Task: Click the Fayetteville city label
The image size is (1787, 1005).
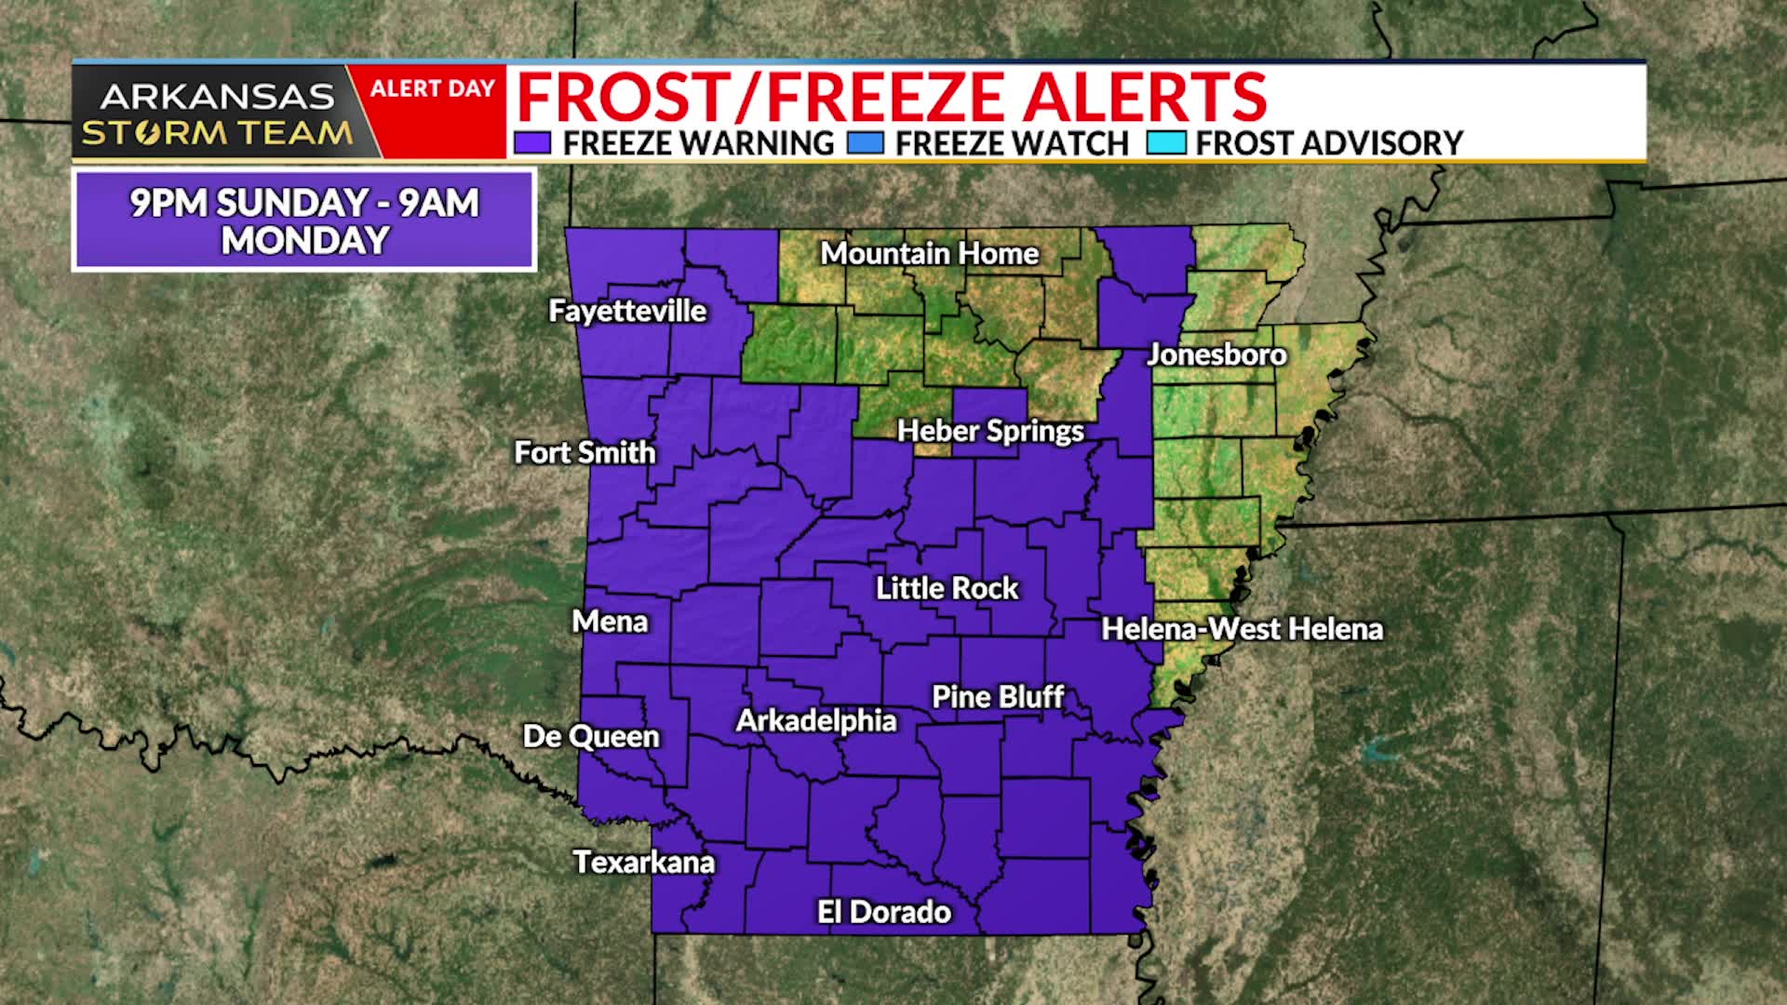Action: click(x=627, y=311)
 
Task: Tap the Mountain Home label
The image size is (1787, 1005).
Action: click(x=929, y=253)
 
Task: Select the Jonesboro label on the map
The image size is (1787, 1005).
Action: click(x=1216, y=355)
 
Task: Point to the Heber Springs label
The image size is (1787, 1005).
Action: click(x=990, y=431)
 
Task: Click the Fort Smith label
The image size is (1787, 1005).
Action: click(x=584, y=452)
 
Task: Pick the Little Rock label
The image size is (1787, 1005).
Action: click(x=947, y=588)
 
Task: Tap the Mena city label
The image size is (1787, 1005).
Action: click(x=610, y=621)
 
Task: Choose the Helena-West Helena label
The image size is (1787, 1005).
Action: click(x=1242, y=629)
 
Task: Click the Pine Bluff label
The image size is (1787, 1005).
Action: click(x=998, y=697)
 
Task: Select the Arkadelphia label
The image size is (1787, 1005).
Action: click(x=815, y=720)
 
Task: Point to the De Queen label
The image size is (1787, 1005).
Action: click(x=591, y=736)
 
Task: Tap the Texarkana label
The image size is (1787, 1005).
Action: click(x=643, y=862)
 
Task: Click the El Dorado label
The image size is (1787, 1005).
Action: click(x=883, y=912)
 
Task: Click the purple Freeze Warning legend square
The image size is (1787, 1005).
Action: click(x=532, y=143)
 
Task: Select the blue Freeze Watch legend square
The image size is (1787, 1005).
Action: click(x=866, y=143)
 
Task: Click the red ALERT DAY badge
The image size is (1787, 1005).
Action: click(x=432, y=89)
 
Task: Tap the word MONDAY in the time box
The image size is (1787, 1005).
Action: click(x=304, y=241)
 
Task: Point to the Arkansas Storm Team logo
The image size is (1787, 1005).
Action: click(x=217, y=114)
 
